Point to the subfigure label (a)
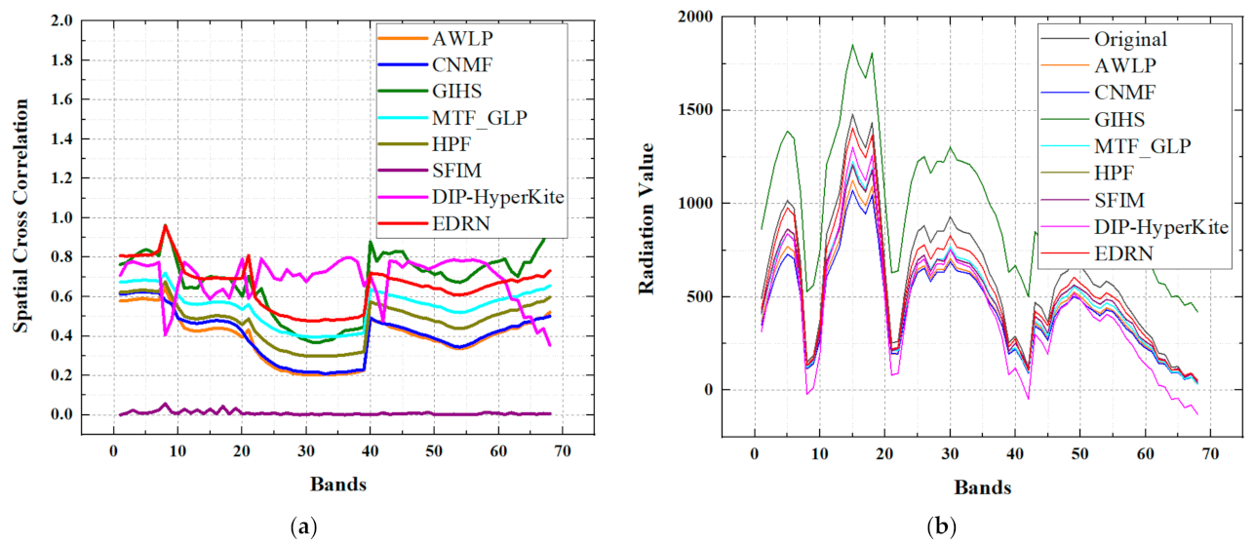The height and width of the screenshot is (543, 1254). [304, 527]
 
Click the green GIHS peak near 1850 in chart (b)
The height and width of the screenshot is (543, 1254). [852, 44]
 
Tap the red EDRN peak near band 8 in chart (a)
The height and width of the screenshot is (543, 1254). [165, 225]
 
